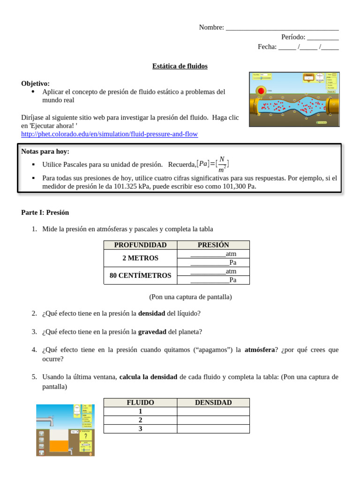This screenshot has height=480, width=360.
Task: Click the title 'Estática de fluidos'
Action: point(180,66)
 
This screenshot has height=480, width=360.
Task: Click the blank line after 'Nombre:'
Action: point(282,28)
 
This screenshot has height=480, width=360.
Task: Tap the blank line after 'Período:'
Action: point(323,37)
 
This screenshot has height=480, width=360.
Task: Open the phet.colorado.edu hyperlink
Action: point(109,134)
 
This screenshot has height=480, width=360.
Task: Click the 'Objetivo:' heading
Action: point(35,83)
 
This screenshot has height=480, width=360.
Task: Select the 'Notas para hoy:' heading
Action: point(45,151)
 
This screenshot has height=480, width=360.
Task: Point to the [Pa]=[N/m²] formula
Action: point(213,164)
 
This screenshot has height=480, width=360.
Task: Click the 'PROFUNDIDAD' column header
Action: point(140,245)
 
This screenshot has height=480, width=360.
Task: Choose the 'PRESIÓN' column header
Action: point(213,245)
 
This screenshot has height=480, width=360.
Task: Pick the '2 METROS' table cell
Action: point(140,258)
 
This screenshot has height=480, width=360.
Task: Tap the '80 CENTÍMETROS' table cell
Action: point(140,276)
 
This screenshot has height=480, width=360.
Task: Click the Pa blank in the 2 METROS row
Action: point(210,263)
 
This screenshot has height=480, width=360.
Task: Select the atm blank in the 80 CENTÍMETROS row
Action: point(208,271)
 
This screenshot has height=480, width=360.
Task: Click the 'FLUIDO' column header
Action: point(140,403)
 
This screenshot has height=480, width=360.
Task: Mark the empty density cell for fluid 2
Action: point(213,420)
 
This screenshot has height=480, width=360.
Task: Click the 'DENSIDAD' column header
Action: point(213,403)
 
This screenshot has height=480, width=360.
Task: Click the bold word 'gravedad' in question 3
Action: point(152,332)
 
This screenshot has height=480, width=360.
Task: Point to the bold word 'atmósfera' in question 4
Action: point(260,350)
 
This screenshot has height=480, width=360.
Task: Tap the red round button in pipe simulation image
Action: point(261,90)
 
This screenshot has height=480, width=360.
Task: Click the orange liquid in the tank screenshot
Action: point(59,446)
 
